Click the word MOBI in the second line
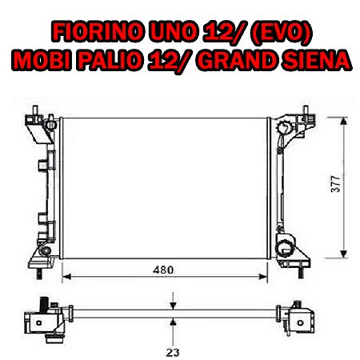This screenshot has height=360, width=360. [42, 60]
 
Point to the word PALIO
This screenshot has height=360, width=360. [109, 60]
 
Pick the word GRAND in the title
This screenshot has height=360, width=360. [237, 60]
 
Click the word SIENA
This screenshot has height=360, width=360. [316, 60]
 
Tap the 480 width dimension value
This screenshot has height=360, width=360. [163, 270]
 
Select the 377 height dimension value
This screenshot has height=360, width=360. [335, 184]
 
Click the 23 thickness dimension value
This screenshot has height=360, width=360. [173, 353]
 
